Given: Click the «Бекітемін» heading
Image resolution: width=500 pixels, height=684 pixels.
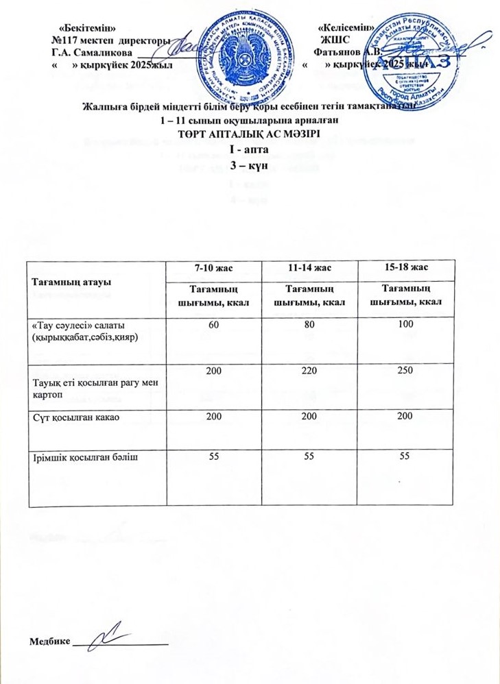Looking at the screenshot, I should pyautogui.click(x=87, y=27).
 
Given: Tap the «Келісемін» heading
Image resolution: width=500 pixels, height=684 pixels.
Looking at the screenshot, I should pyautogui.click(x=346, y=27).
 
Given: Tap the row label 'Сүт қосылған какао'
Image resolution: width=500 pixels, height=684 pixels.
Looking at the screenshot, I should pyautogui.click(x=73, y=417).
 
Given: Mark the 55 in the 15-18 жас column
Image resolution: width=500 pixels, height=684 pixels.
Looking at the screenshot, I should pyautogui.click(x=401, y=454).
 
